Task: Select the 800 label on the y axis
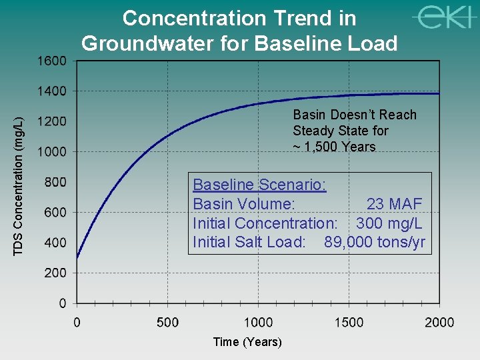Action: [55, 182]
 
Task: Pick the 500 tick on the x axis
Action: [167, 323]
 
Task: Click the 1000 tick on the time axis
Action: [258, 323]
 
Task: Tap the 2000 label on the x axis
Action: [439, 323]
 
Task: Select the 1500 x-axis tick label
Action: [349, 323]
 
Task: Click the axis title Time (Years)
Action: [247, 342]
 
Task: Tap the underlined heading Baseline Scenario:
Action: [259, 185]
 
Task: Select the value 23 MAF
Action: [394, 204]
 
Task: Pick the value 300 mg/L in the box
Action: [389, 223]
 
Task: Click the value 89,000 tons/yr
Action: [374, 241]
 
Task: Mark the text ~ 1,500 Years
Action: [334, 147]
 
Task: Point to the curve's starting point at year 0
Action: [77, 258]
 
